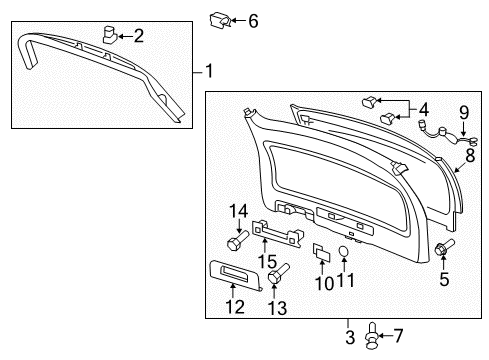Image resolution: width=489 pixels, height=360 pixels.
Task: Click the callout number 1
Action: pos(209,70)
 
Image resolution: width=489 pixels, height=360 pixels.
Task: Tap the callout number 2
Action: pos(139,37)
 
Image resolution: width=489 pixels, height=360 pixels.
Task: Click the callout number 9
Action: pos(463,111)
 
